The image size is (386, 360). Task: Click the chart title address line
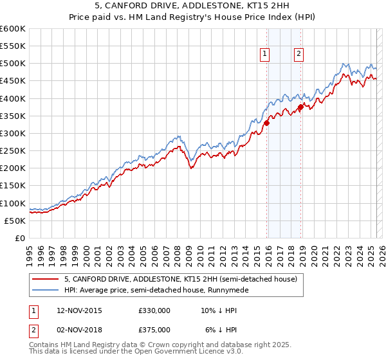pyautogui.click(x=192, y=6)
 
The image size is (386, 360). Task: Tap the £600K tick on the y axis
pyautogui.click(x=13, y=29)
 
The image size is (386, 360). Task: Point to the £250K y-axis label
pyautogui.click(x=13, y=150)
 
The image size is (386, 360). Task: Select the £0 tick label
pyautogui.click(x=20, y=238)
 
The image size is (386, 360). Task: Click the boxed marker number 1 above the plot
pyautogui.click(x=266, y=55)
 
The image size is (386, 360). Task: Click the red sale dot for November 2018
pyautogui.click(x=300, y=107)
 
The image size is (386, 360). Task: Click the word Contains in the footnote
pyautogui.click(x=45, y=345)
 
